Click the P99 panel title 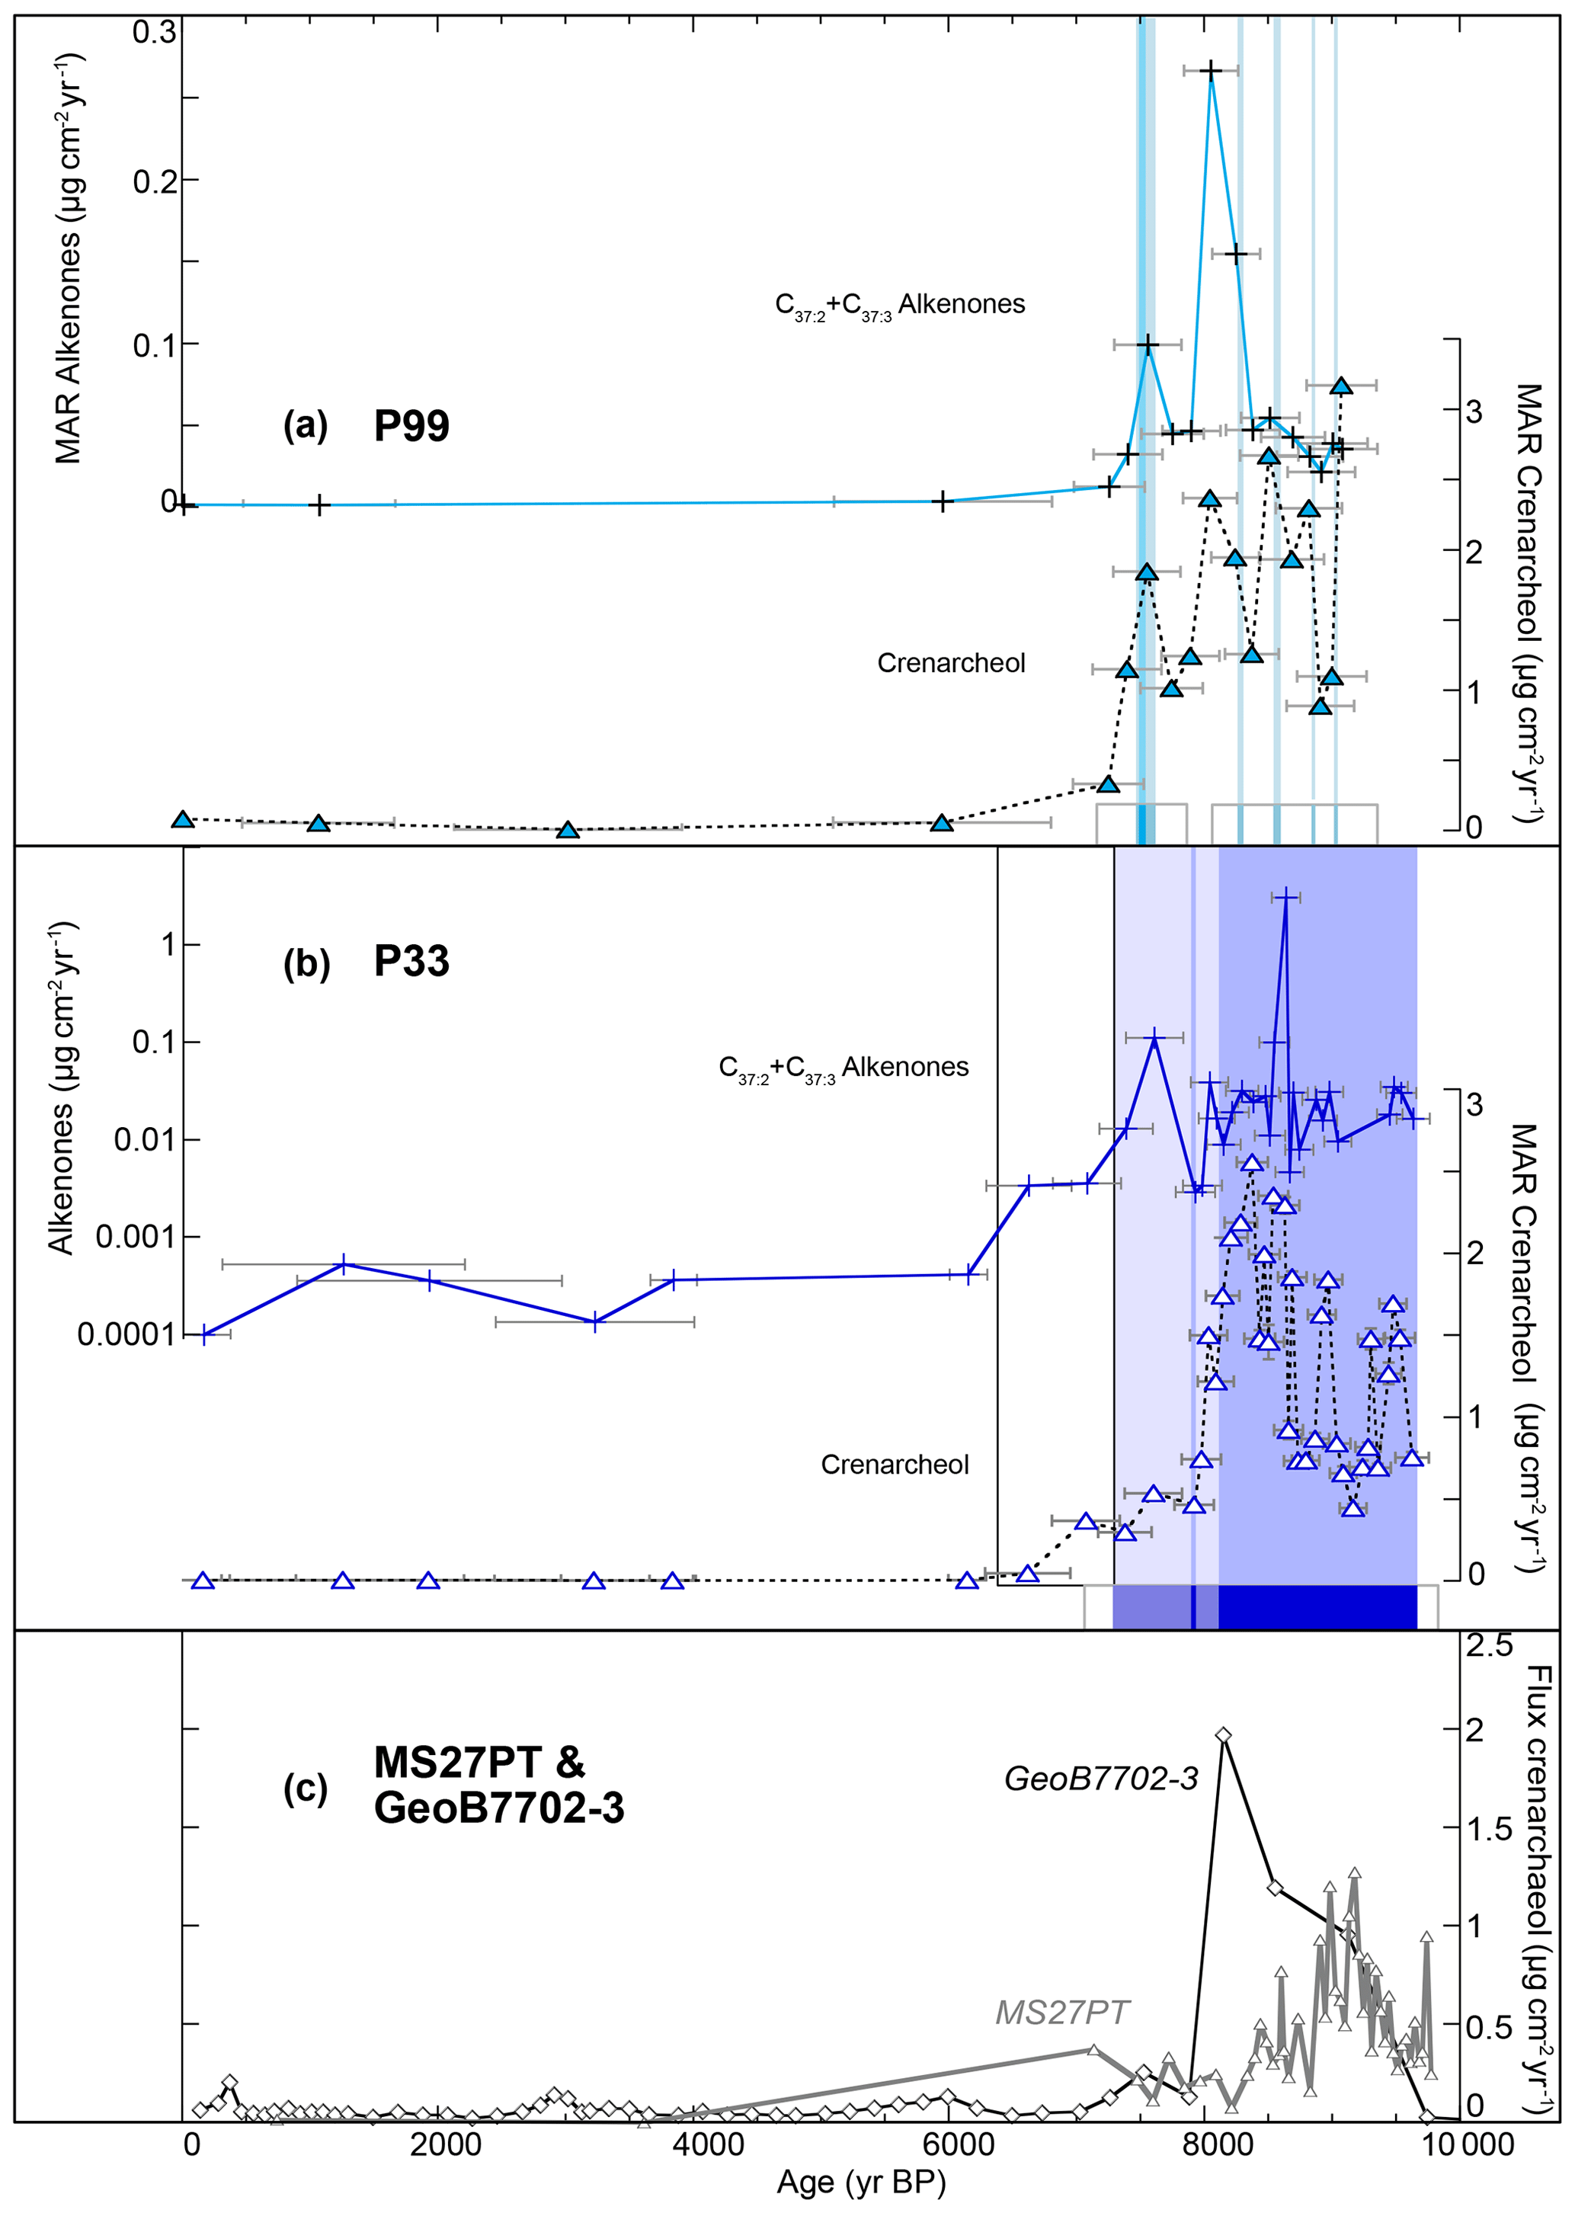(411, 426)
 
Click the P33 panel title (411, 961)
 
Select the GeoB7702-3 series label (1101, 1778)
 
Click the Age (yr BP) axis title (860, 2181)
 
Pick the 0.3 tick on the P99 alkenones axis (155, 32)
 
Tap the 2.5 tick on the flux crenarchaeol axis (1489, 1646)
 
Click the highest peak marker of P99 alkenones (1210, 70)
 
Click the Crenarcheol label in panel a (950, 662)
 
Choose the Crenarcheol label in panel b (895, 1465)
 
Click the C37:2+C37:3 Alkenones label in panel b (843, 1068)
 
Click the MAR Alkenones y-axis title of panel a (68, 259)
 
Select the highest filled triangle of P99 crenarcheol (1341, 386)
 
